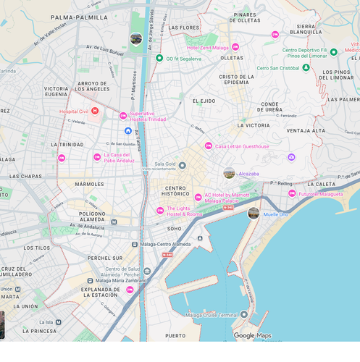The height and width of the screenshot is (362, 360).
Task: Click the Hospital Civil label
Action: coord(73,111)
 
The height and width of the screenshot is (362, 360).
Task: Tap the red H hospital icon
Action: coord(94,111)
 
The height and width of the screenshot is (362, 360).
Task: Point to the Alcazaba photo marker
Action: coord(229,173)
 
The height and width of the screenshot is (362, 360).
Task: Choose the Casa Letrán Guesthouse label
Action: coord(241,146)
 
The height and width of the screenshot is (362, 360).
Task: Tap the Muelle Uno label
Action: coord(275,214)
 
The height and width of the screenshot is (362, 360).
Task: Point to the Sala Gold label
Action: coord(165,164)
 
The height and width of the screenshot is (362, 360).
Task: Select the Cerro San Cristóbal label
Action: coord(277,68)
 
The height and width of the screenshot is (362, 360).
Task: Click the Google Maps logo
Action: coord(252,335)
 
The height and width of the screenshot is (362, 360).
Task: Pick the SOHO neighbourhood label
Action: coord(175,229)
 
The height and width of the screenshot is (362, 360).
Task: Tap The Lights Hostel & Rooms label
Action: coord(184,211)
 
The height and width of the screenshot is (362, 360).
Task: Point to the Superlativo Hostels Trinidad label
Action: coord(147,116)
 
